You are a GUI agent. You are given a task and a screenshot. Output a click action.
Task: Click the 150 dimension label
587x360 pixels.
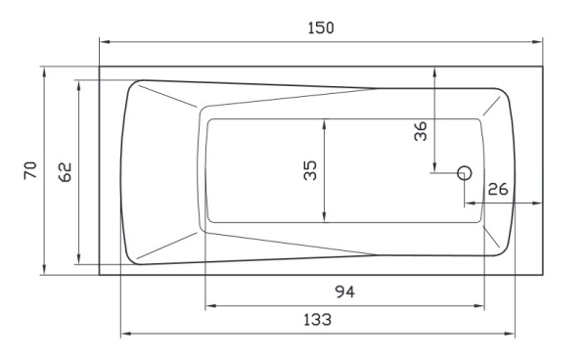(x=321, y=28)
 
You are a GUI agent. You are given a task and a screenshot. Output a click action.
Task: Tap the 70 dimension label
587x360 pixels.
(x=30, y=170)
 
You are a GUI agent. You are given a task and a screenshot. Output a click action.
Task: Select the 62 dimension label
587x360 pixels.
(x=66, y=172)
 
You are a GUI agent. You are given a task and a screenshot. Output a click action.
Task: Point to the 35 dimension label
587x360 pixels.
(x=310, y=170)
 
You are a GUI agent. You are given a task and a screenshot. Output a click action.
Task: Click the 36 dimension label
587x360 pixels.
(x=421, y=131)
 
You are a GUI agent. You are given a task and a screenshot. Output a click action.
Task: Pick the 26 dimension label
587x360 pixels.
(x=498, y=190)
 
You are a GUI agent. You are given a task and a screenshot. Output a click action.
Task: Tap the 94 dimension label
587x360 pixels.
(x=344, y=292)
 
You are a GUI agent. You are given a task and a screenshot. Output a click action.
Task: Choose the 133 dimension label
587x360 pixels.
(x=317, y=320)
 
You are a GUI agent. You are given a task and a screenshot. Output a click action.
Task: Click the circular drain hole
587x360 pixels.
(x=465, y=173)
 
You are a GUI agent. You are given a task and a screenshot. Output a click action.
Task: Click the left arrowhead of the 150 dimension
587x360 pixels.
(x=105, y=42)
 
